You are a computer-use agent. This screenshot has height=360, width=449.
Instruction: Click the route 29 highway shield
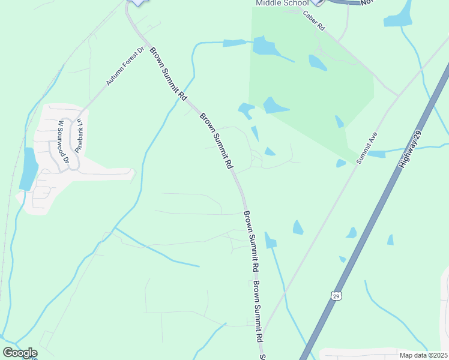click(336, 296)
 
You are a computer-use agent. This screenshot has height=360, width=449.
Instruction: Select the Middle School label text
click(282, 3)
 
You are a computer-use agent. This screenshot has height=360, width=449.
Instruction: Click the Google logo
click(20, 353)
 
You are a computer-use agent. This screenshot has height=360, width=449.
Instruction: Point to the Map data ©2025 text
click(423, 355)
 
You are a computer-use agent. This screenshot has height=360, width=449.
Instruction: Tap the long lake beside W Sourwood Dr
click(28, 169)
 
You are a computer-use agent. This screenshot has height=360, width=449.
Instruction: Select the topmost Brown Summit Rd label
click(168, 74)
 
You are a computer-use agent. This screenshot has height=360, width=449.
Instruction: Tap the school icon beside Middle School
click(318, 2)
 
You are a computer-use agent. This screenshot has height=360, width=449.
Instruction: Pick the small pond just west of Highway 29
click(390, 240)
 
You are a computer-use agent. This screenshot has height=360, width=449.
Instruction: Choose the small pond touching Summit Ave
click(341, 163)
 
